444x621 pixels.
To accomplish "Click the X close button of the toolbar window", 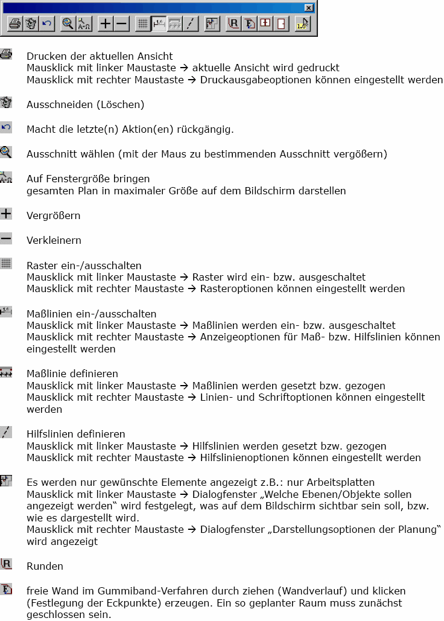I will [309, 8].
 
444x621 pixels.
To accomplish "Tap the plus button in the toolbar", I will [106, 24].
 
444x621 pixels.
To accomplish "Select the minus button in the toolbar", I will [122, 24].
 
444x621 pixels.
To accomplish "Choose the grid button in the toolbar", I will [143, 24].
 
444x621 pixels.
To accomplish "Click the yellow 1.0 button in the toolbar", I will [303, 24].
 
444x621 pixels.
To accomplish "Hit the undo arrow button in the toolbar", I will [46, 24].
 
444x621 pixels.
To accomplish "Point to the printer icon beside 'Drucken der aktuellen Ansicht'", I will [6, 55].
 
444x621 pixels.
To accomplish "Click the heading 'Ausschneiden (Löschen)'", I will [85, 104].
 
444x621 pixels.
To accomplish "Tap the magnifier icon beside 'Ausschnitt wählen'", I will [6, 152].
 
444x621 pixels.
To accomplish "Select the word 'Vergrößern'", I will [53, 215].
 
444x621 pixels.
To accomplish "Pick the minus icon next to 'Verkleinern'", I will [6, 239].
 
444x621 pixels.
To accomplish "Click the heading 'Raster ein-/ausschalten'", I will [84, 265].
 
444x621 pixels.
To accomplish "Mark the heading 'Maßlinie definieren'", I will [72, 374].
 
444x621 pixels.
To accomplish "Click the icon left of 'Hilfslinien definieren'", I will [6, 432].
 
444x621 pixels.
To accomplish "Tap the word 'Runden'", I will [45, 566].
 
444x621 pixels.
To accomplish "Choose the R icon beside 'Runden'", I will [6, 564].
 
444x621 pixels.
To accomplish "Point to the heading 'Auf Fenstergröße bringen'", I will [88, 179].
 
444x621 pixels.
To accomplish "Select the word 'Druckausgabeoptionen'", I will [257, 80].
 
